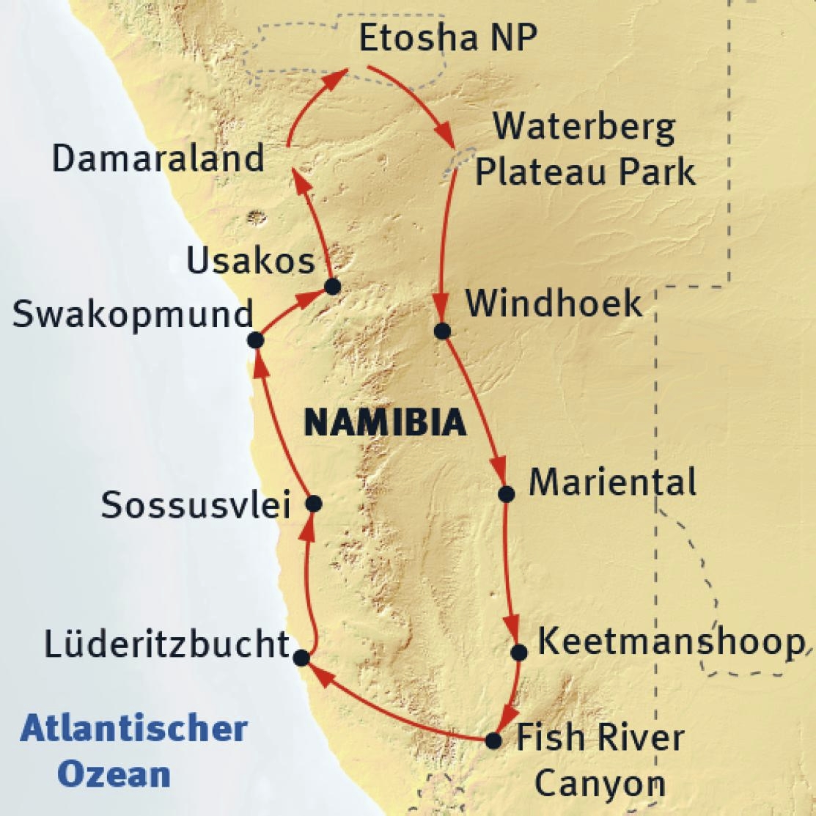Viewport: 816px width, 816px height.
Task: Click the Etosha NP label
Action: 448,38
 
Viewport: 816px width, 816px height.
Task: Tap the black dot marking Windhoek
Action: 441,331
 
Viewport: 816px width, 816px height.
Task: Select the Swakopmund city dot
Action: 255,340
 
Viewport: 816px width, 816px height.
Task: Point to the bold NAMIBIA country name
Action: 385,423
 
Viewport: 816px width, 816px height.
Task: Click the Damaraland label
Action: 158,158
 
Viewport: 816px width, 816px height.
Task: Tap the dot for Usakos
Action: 332,287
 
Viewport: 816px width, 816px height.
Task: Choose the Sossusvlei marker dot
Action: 313,504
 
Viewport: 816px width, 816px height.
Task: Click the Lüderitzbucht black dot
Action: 301,658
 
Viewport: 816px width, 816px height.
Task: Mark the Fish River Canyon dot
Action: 494,740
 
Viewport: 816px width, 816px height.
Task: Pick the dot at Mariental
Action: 506,493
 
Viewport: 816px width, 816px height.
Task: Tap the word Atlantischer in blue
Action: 134,729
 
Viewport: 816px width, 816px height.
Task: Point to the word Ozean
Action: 114,774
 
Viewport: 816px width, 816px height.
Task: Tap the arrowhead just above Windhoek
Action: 441,306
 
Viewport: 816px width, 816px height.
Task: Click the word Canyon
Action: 599,783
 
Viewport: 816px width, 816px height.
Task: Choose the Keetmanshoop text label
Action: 670,643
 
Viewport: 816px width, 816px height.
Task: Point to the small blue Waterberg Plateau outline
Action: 458,163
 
